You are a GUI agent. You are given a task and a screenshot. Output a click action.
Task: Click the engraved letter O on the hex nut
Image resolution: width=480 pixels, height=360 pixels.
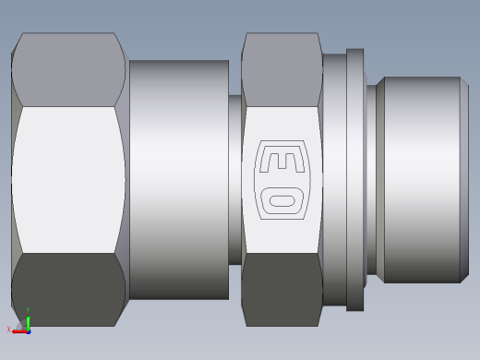tap(282, 200)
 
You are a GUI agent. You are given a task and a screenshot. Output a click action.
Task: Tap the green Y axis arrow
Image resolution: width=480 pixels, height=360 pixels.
tap(28, 323)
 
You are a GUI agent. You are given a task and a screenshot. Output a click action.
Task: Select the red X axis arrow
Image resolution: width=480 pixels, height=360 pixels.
tap(20, 331)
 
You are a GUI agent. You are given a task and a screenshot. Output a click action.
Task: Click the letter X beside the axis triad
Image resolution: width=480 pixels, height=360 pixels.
tap(8, 330)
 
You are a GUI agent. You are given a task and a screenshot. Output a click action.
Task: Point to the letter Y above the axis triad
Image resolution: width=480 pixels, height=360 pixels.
tap(28, 310)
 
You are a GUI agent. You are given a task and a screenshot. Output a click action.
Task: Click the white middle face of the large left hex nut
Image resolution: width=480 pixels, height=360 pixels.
tap(68, 180)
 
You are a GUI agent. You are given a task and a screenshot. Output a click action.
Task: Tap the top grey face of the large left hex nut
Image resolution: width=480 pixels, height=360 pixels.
tap(68, 70)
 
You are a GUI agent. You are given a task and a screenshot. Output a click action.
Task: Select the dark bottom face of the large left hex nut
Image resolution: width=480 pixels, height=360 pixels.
tap(68, 290)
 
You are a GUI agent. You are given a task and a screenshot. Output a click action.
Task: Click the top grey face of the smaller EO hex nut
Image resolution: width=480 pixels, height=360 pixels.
tap(282, 70)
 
